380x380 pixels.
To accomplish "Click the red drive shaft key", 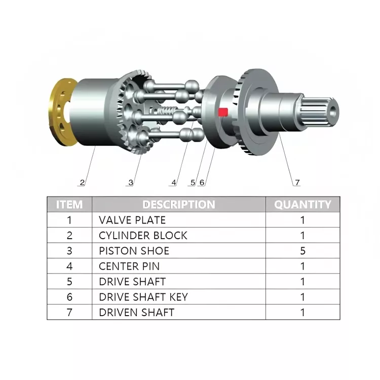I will (223, 111).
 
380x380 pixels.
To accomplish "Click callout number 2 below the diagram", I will (82, 182).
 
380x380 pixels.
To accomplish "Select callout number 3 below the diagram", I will (131, 182).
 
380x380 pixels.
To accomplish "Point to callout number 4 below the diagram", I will (174, 182).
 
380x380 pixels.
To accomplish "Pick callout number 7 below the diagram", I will (297, 182).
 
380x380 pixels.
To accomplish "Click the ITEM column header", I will (69, 205).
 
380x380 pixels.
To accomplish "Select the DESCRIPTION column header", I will (178, 205).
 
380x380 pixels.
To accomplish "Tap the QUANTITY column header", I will (302, 205).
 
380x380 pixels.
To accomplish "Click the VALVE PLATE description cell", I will (132, 220).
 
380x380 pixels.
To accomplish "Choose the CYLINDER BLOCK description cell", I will (143, 236).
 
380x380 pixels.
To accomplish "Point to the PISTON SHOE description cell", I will (134, 251).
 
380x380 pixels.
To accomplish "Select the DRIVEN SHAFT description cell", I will (136, 312).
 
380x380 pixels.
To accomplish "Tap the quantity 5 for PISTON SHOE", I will (303, 251).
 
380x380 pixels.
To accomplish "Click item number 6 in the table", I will (70, 297).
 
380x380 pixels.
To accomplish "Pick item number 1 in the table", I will (70, 220).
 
